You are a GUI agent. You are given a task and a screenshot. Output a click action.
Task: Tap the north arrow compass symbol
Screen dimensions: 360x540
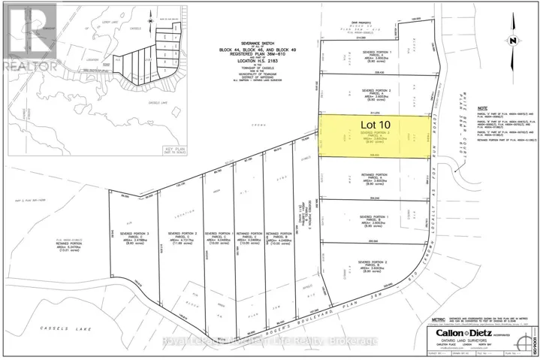pyautogui.click(x=511, y=40)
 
